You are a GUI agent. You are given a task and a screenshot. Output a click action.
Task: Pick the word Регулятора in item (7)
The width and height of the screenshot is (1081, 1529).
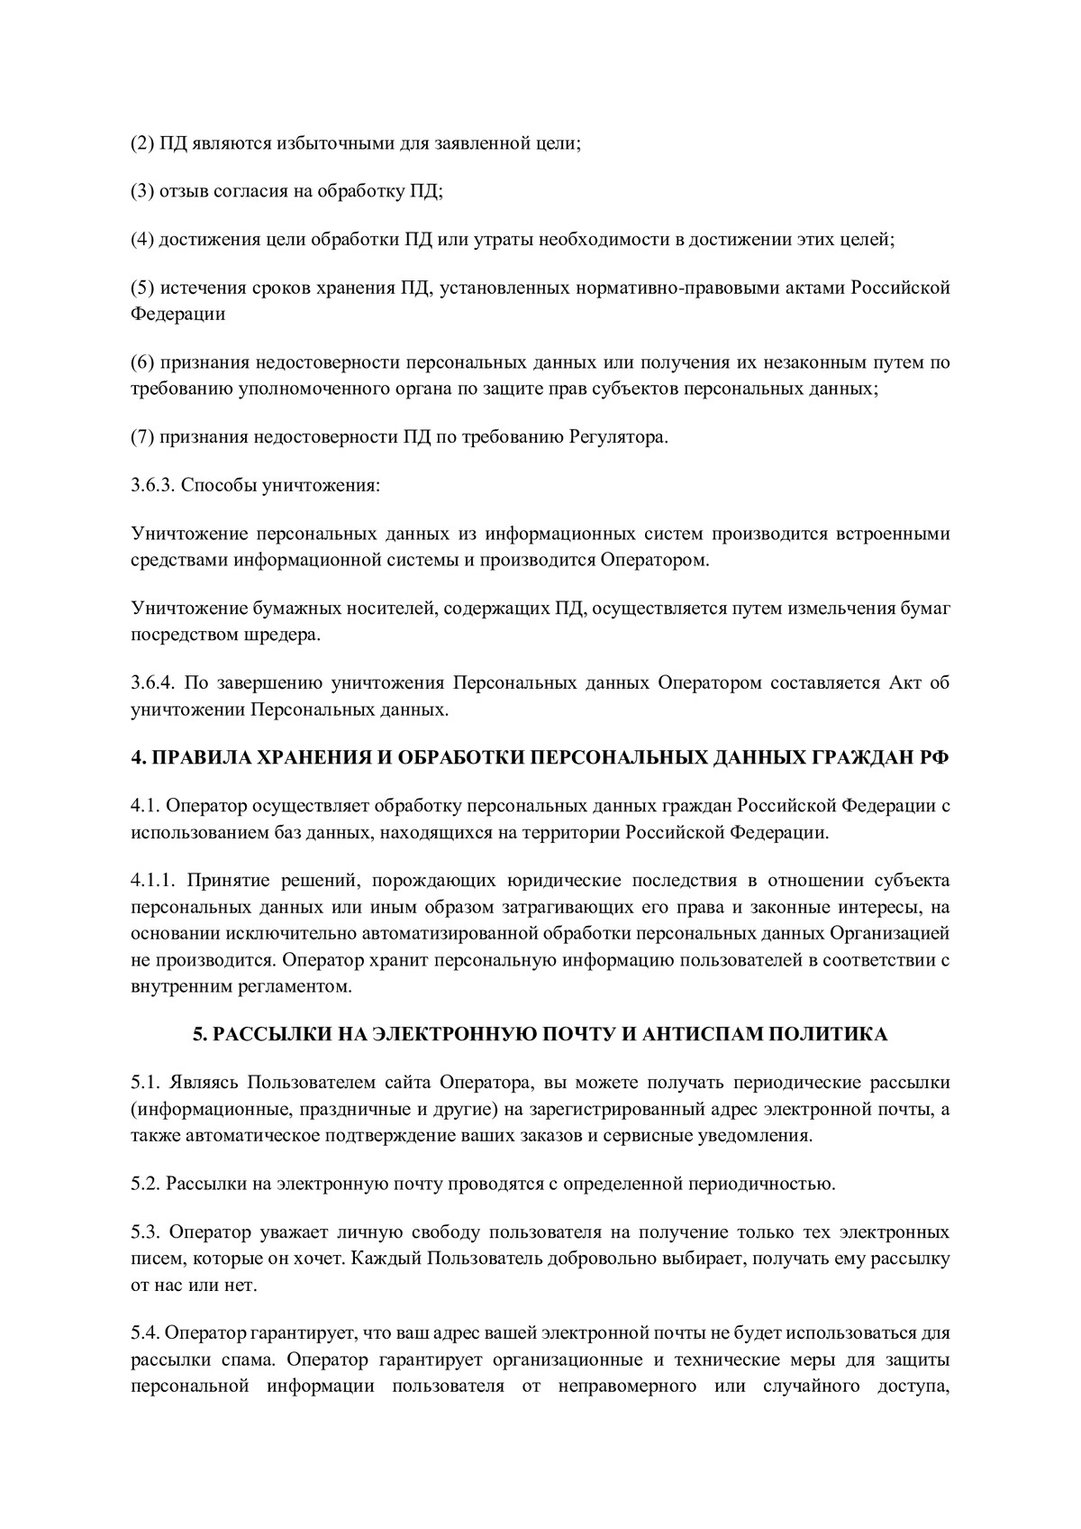617,437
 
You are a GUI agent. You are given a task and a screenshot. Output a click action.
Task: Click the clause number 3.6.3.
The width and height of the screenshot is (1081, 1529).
153,486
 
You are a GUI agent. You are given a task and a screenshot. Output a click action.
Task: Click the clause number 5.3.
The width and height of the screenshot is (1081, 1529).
147,1231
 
